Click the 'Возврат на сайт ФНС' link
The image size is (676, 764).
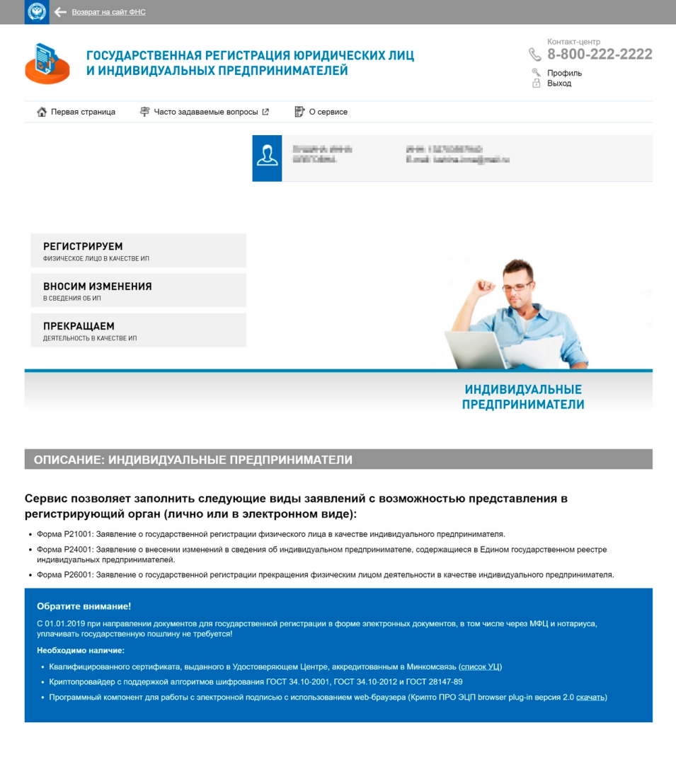pyautogui.click(x=108, y=12)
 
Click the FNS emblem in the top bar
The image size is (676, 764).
pyautogui.click(x=37, y=12)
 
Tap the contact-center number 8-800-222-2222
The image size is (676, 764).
pyautogui.click(x=600, y=54)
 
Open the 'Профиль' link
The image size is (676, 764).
pyautogui.click(x=564, y=73)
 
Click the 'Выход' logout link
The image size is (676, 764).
pyautogui.click(x=559, y=83)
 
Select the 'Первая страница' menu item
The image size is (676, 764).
pyautogui.click(x=82, y=112)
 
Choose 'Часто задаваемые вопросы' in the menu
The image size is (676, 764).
pyautogui.click(x=205, y=112)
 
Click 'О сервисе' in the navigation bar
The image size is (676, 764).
pyautogui.click(x=328, y=112)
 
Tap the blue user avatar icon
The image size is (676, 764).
pyautogui.click(x=267, y=158)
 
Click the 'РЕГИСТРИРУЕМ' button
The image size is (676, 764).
pyautogui.click(x=138, y=250)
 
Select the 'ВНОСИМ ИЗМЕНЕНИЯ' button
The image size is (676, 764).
pyautogui.click(x=138, y=290)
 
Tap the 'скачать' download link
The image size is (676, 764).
pyautogui.click(x=590, y=697)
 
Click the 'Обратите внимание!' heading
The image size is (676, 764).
pyautogui.click(x=84, y=606)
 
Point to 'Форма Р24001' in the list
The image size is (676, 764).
pyautogui.click(x=65, y=550)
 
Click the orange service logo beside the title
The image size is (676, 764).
pyautogui.click(x=47, y=64)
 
